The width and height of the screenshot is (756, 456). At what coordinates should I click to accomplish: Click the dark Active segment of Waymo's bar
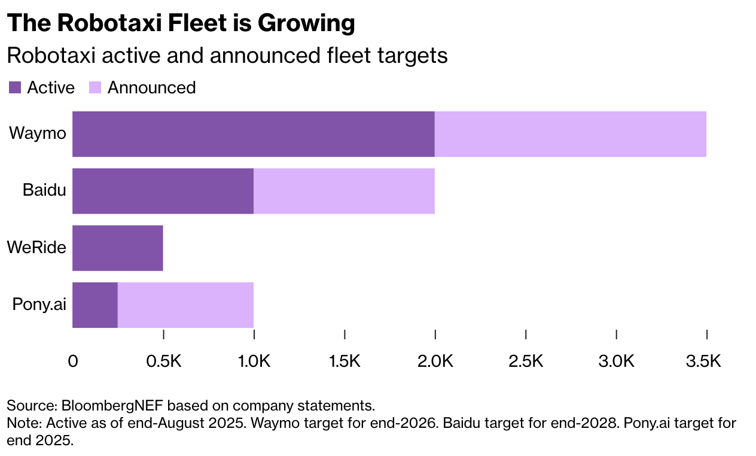(x=253, y=134)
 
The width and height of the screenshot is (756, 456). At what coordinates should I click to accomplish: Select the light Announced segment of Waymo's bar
(x=570, y=134)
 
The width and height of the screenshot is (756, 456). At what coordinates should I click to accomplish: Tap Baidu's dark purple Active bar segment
(x=163, y=191)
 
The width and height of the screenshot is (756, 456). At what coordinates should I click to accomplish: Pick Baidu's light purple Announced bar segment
(x=344, y=191)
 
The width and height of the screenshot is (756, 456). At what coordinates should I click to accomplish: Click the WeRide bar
(x=118, y=248)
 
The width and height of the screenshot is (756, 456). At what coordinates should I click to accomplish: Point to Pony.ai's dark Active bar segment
(x=95, y=305)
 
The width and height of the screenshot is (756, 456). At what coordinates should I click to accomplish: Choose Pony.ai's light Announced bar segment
(x=185, y=305)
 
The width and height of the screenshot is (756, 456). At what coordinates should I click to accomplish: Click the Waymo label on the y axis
(x=37, y=133)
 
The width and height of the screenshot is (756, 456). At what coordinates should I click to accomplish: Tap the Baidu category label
(x=44, y=190)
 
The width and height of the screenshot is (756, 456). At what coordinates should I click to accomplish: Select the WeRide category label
(x=36, y=247)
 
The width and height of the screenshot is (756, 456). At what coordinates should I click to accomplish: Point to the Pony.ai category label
(x=39, y=304)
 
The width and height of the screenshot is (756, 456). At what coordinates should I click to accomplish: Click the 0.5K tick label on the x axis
(x=163, y=361)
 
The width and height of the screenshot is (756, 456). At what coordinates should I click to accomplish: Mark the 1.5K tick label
(x=345, y=361)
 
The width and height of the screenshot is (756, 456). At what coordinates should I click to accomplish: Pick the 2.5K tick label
(x=526, y=361)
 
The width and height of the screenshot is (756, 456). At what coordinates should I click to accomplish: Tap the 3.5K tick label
(x=706, y=361)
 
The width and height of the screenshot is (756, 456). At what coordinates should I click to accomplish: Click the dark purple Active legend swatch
(x=15, y=87)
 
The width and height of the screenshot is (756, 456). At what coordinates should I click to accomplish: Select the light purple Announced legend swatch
(x=95, y=87)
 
